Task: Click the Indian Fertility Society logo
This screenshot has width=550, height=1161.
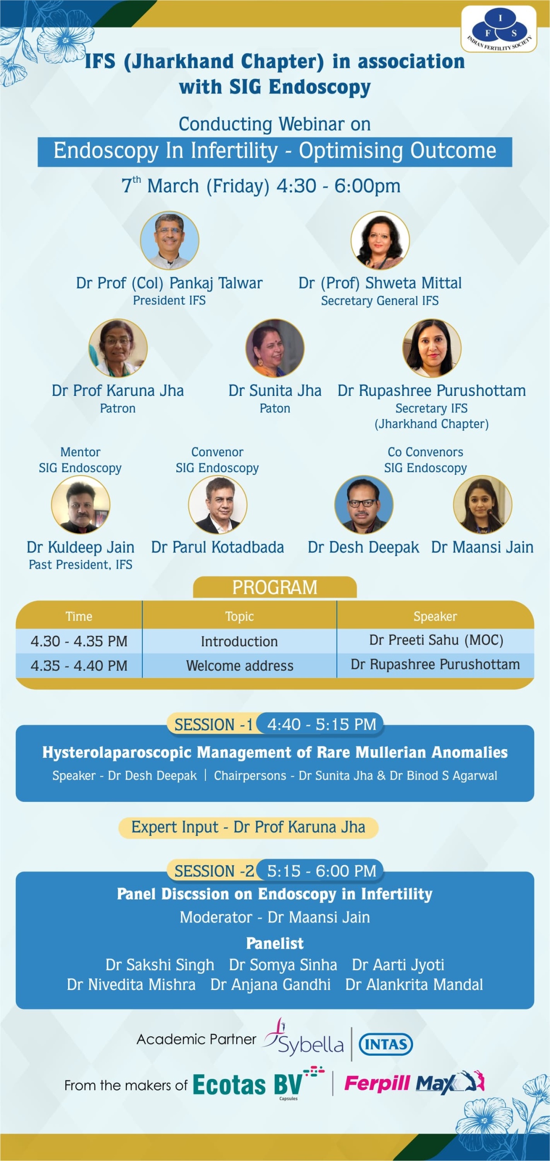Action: click(x=499, y=29)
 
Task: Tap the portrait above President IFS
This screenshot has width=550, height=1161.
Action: click(x=170, y=240)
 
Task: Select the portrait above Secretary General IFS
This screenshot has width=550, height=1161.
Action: click(x=380, y=240)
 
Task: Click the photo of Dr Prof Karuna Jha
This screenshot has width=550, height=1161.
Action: click(x=118, y=348)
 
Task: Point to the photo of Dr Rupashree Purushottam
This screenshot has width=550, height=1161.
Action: click(x=432, y=348)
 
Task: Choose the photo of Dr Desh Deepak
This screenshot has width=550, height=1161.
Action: click(x=364, y=504)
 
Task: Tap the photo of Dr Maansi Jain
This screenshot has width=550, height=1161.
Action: click(x=482, y=504)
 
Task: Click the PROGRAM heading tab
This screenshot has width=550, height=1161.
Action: click(x=275, y=587)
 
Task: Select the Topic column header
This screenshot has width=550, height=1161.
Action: click(x=239, y=616)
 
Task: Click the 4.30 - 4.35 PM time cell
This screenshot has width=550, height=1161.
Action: click(x=79, y=641)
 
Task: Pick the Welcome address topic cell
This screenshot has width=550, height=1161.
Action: click(x=239, y=666)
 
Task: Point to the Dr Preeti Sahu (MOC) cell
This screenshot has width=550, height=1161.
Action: click(x=436, y=640)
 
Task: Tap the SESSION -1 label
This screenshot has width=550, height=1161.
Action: click(x=213, y=725)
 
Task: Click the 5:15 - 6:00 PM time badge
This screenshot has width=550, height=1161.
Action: click(x=321, y=871)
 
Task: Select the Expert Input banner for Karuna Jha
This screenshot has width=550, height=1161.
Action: click(x=248, y=827)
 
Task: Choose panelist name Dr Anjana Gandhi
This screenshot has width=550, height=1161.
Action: click(x=270, y=985)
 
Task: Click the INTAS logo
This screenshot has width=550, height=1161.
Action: click(x=386, y=1044)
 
